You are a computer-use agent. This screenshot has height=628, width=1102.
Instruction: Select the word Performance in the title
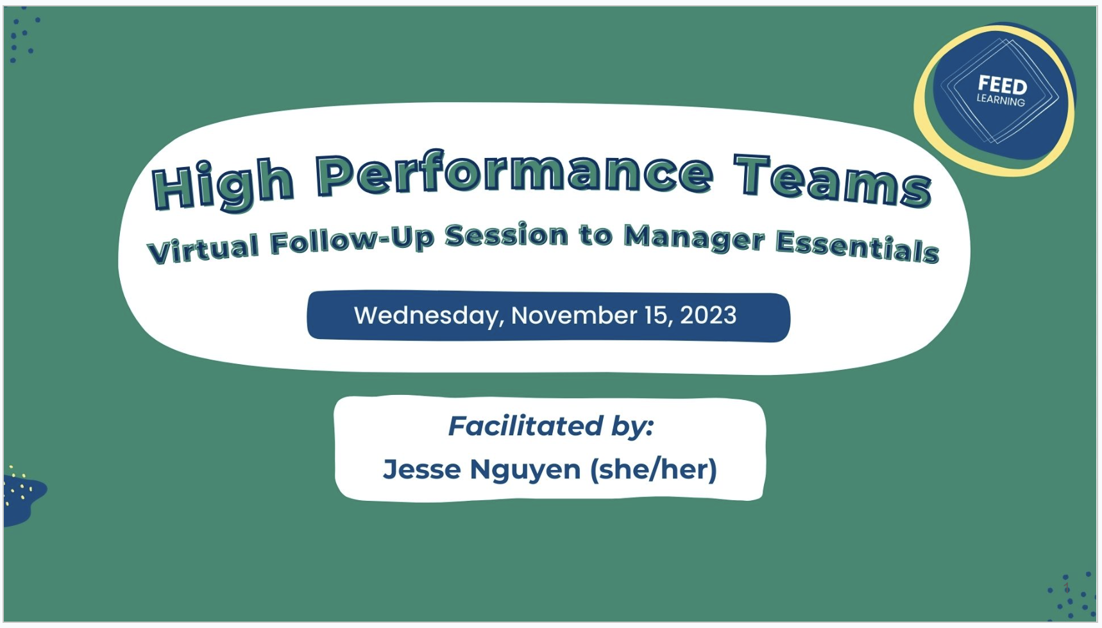click(x=514, y=173)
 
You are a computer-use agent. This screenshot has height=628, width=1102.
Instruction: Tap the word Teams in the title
click(x=833, y=182)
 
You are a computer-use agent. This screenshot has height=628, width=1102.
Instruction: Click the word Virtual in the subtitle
click(x=203, y=248)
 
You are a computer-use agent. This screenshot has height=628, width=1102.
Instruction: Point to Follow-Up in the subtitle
click(x=352, y=240)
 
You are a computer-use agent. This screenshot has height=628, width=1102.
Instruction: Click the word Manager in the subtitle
click(x=695, y=238)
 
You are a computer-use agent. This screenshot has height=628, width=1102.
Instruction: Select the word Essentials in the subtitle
click(x=857, y=246)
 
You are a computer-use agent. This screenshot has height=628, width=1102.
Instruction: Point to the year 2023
click(x=708, y=315)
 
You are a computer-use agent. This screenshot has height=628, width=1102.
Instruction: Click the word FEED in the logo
click(x=1002, y=85)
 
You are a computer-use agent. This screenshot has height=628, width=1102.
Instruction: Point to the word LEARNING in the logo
click(x=1001, y=100)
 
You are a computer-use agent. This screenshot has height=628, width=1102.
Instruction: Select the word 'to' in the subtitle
click(x=595, y=235)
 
